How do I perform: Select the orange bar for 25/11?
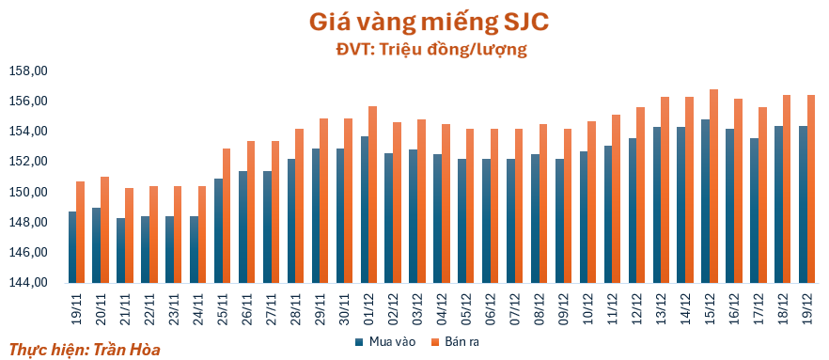point(227,215)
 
